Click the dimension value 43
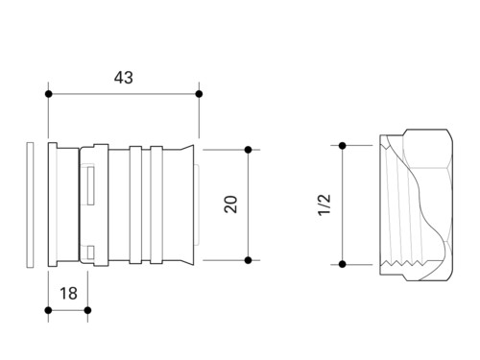[x=124, y=78]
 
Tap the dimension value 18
[x=68, y=293]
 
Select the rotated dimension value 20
[x=230, y=204]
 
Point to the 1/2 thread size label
[x=324, y=204]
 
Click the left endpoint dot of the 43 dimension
[x=49, y=94]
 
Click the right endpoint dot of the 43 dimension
[x=199, y=94]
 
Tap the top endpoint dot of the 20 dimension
[x=248, y=150]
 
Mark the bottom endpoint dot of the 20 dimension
[x=248, y=260]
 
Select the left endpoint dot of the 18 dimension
[x=48, y=310]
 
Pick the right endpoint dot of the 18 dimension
[x=87, y=310]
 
